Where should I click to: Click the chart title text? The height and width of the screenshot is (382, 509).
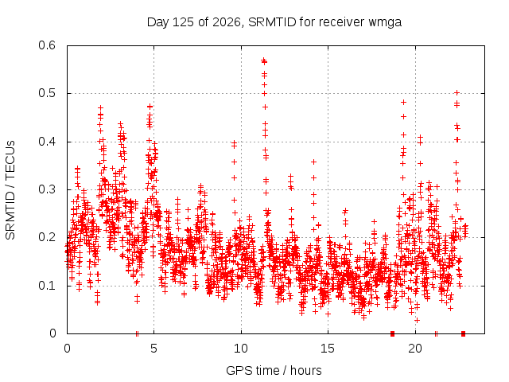tap(274, 22)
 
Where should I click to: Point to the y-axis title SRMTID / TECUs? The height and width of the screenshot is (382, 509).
tap(10, 190)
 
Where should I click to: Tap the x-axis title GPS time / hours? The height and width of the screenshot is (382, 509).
tap(274, 370)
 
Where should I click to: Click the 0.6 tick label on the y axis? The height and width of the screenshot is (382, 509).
tap(47, 45)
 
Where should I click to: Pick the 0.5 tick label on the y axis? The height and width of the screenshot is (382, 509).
tap(47, 93)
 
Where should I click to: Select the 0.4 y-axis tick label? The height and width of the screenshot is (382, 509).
tap(47, 142)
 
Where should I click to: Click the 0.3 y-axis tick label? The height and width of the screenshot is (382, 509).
tap(47, 189)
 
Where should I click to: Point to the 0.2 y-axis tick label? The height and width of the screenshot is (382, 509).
tap(47, 237)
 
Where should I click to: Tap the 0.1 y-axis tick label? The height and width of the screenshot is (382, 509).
tap(47, 286)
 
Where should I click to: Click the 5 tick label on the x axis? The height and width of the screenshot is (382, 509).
tap(153, 349)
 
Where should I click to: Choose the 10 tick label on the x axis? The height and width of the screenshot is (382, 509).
tap(241, 349)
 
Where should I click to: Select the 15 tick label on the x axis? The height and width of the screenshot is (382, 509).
tap(328, 349)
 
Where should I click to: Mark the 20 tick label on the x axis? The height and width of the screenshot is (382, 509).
tap(415, 349)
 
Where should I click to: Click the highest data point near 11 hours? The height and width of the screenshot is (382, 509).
tap(263, 60)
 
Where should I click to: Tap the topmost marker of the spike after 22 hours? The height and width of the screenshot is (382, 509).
tap(457, 93)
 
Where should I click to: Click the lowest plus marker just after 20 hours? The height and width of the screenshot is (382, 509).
tap(417, 320)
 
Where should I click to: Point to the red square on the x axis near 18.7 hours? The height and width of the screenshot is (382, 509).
tap(392, 333)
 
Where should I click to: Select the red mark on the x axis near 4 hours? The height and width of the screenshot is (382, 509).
tap(137, 333)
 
